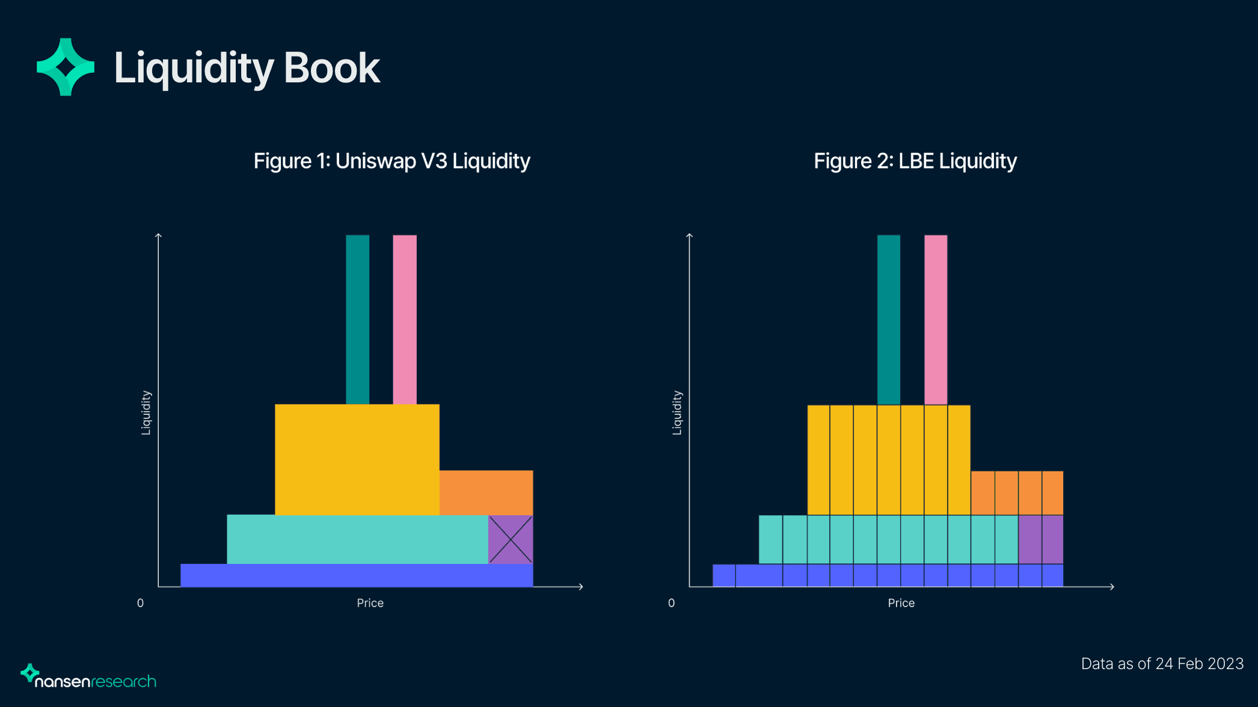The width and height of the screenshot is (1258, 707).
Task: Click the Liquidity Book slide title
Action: click(247, 68)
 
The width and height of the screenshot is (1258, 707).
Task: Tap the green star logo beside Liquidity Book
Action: click(66, 67)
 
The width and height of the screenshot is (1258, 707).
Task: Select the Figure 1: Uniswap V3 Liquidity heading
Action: click(391, 161)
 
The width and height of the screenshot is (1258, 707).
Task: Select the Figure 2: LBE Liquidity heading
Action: click(915, 161)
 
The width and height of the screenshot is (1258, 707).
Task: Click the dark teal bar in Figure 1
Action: click(357, 319)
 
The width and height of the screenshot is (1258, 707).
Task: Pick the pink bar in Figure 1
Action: click(405, 319)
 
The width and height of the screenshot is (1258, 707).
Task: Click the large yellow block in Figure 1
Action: click(357, 459)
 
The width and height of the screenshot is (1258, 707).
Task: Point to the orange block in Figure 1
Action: click(486, 492)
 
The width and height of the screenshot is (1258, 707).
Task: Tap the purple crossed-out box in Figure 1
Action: click(511, 539)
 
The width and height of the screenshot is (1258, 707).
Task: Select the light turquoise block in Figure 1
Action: click(357, 539)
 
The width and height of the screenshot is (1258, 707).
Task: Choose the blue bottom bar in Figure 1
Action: click(357, 575)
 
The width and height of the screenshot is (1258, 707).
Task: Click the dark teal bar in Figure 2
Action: click(889, 319)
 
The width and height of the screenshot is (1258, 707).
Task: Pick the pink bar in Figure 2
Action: click(936, 319)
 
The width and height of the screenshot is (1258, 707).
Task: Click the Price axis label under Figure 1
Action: click(370, 603)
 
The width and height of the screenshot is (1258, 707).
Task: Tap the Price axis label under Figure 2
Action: click(901, 603)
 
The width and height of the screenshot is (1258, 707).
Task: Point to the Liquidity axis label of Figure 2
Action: click(677, 412)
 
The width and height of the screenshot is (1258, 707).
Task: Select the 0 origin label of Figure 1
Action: click(140, 603)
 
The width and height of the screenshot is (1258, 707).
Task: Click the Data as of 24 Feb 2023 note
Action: click(1162, 664)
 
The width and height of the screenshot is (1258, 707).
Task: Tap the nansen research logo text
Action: click(95, 681)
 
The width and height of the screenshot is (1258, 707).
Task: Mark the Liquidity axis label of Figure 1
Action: click(146, 412)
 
